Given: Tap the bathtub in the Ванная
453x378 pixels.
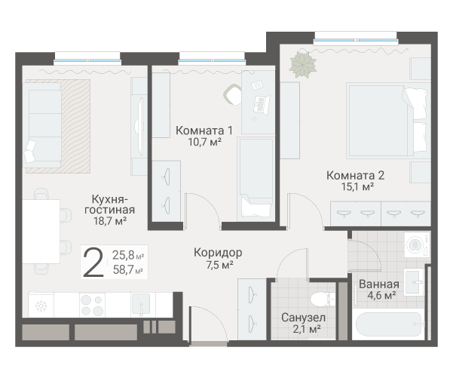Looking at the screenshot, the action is [x=390, y=324].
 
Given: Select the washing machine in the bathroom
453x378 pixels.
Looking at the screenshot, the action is [x=417, y=244].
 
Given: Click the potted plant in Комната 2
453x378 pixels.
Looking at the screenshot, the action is [x=303, y=64].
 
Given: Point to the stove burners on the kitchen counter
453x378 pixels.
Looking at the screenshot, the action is [x=92, y=305].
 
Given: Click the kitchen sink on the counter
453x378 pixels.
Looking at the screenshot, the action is [x=141, y=304].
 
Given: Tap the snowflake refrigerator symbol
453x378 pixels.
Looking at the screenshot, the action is [x=41, y=306].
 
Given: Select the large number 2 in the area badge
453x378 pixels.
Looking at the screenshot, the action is [x=93, y=263].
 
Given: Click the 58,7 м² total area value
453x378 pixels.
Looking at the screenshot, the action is [x=128, y=270].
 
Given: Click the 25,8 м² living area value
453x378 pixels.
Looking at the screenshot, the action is [x=128, y=255].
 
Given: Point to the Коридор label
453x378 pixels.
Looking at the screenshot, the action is [x=218, y=253].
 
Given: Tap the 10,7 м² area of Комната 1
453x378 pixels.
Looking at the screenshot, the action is [x=204, y=142].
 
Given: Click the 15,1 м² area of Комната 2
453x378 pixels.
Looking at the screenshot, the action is [x=358, y=186].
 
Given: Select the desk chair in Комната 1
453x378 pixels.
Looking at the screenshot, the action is [x=233, y=94].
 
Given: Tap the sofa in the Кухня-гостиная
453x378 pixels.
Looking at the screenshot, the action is [x=42, y=125].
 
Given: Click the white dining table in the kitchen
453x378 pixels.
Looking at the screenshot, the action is [x=41, y=232].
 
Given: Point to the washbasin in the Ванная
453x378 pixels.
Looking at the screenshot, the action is [x=413, y=281].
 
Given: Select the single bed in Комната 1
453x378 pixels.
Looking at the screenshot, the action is [x=256, y=180].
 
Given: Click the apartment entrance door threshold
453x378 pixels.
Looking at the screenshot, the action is [x=209, y=343].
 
